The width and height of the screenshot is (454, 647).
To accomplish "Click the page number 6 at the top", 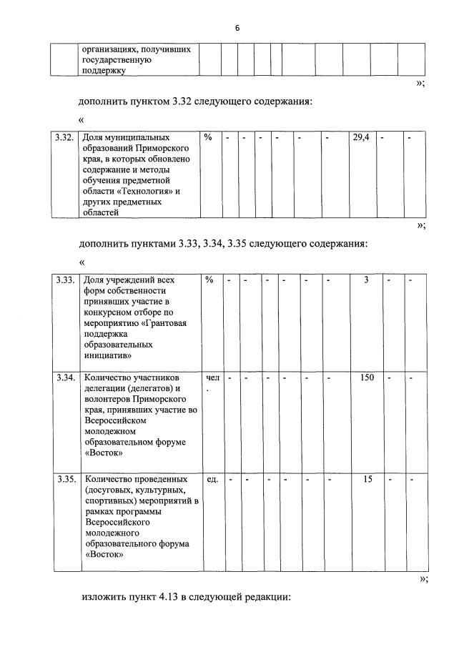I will click(237, 28).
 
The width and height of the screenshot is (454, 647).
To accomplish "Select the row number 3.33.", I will click(65, 280).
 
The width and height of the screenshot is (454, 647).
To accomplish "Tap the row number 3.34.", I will click(65, 377).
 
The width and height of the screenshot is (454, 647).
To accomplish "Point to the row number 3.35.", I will click(65, 479).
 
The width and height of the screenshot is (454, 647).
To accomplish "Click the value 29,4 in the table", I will click(361, 137).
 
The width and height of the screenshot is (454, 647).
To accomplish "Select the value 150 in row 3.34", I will click(367, 377).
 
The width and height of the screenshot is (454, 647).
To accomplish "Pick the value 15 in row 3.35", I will click(367, 479).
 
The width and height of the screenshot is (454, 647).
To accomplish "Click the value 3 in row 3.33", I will click(366, 280).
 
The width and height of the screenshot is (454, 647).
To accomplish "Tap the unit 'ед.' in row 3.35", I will click(212, 479).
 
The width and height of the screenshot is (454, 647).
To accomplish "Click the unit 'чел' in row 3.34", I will click(212, 377).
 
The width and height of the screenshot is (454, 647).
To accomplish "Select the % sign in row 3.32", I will click(207, 137).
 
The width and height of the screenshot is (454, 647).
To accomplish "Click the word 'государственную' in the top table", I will click(117, 61).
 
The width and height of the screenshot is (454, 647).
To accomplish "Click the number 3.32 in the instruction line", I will click(183, 102).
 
